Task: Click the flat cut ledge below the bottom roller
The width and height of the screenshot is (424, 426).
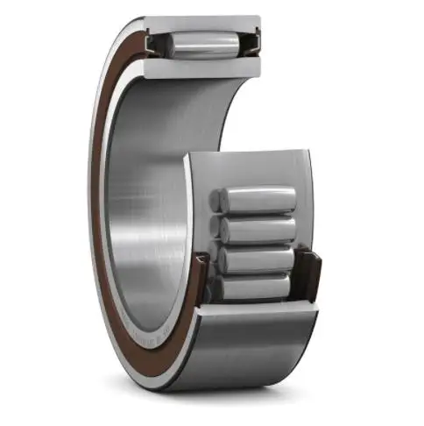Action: click(x=254, y=307)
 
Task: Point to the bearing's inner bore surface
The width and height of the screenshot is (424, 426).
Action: click(x=149, y=193)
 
